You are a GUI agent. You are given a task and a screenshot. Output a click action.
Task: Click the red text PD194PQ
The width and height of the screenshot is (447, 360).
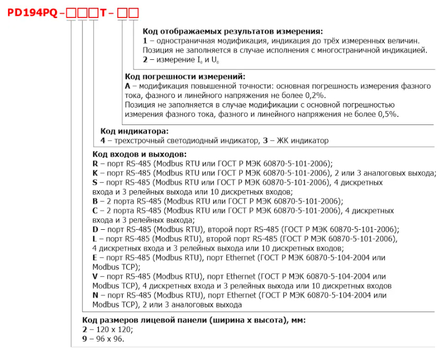click(x=31, y=12)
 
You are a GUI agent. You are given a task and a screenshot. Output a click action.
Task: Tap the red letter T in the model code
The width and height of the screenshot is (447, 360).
click(x=106, y=12)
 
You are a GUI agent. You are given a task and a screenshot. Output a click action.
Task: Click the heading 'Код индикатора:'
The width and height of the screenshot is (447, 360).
click(x=134, y=131)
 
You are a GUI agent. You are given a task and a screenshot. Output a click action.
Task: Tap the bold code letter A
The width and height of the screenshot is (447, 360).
click(x=127, y=86)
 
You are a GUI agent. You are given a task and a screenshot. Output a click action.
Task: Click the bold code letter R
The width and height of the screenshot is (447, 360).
click(x=95, y=164)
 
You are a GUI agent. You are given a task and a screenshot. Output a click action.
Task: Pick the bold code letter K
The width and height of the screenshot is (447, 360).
click(x=95, y=173)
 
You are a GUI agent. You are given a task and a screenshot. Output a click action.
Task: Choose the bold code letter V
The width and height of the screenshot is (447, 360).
click(x=95, y=276)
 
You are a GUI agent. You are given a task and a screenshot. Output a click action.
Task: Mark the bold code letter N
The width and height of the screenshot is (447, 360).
click(x=95, y=295)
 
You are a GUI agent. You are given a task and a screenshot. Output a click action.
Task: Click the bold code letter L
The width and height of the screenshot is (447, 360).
click(x=95, y=239)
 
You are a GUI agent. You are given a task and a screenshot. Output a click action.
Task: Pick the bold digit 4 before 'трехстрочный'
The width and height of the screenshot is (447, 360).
click(x=103, y=141)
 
